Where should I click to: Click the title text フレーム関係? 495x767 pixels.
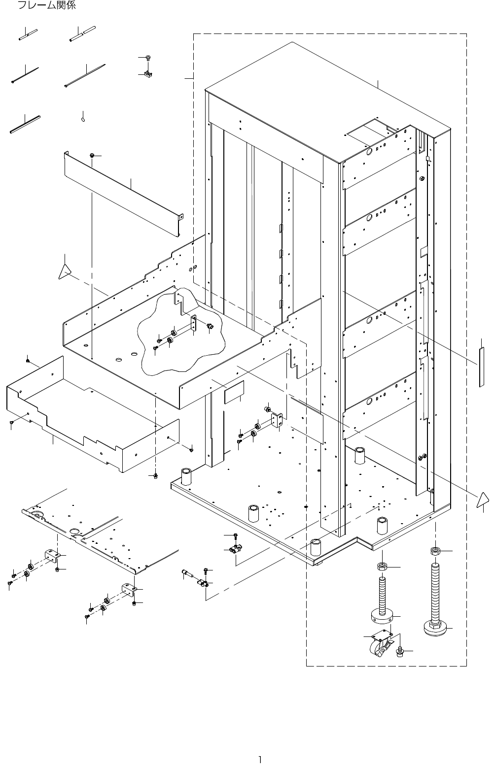point(47,6)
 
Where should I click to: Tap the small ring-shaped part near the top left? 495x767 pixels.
point(83,118)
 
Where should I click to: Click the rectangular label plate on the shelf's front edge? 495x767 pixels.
point(234,395)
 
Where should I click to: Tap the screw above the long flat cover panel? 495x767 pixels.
point(92,156)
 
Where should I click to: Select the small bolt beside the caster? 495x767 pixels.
point(400,652)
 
